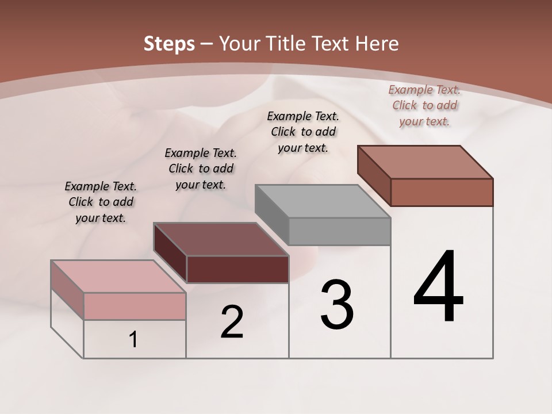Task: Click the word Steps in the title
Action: [x=169, y=44]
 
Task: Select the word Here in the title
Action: [x=377, y=44]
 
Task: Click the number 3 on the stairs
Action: [x=337, y=305]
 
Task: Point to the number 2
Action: [x=232, y=322]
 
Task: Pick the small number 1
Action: [x=133, y=340]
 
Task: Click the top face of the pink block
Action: [x=118, y=277]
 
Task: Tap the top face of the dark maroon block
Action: [x=220, y=239]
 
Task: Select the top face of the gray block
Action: [x=323, y=201]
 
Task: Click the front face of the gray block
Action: [x=340, y=231]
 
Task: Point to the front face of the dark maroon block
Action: [x=237, y=269]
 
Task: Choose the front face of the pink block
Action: [x=135, y=306]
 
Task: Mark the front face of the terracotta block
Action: [x=442, y=192]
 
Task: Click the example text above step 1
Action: [x=101, y=202]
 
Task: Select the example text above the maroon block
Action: [x=201, y=168]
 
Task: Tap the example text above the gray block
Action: [x=303, y=132]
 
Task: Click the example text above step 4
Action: [x=424, y=105]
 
